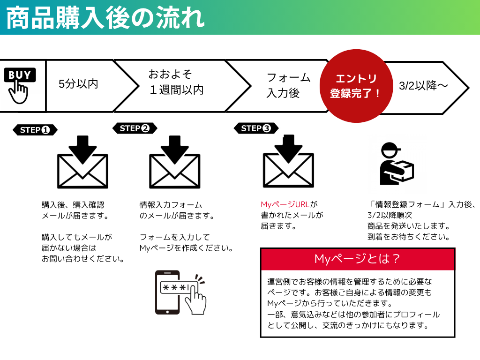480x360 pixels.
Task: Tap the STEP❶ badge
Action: (35, 130)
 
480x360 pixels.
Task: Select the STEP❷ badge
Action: (135, 128)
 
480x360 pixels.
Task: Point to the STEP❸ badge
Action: (256, 128)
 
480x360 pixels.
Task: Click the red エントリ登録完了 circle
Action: (355, 86)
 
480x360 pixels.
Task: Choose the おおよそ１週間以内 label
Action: (176, 82)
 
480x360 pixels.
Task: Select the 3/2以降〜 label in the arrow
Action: (423, 86)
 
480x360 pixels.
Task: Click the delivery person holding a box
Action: (395, 164)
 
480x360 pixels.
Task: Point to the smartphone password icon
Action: (180, 292)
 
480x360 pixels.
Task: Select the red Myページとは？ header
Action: (357, 259)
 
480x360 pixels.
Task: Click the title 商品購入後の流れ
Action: (106, 17)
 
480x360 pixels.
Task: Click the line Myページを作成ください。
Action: (187, 248)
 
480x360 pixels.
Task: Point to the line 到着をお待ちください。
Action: (409, 237)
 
